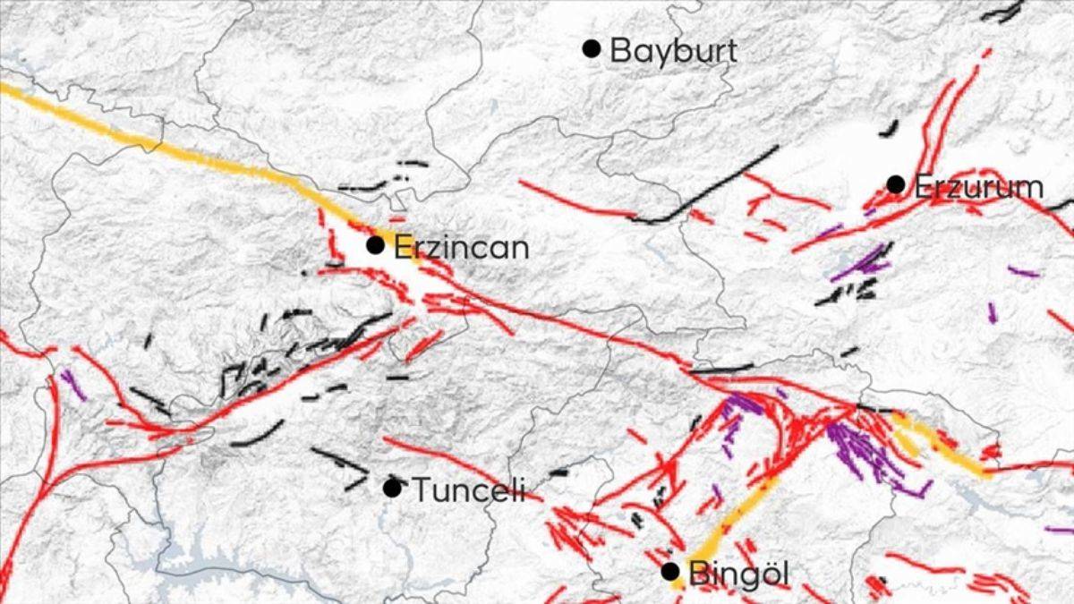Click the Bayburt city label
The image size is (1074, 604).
click(x=673, y=50)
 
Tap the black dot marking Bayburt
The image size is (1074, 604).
click(x=591, y=48)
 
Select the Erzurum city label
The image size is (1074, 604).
click(x=977, y=187)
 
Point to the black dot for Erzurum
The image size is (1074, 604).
click(x=896, y=183)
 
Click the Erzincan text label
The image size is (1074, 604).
click(x=461, y=247)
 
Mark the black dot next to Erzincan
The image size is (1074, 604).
click(x=376, y=244)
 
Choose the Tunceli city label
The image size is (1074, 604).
click(x=467, y=490)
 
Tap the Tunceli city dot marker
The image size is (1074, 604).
click(x=391, y=488)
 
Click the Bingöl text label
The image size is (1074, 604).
click(x=739, y=574)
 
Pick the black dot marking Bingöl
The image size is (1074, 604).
click(x=669, y=571)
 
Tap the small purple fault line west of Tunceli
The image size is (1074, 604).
click(x=73, y=385)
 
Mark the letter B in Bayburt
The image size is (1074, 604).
click(x=619, y=50)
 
